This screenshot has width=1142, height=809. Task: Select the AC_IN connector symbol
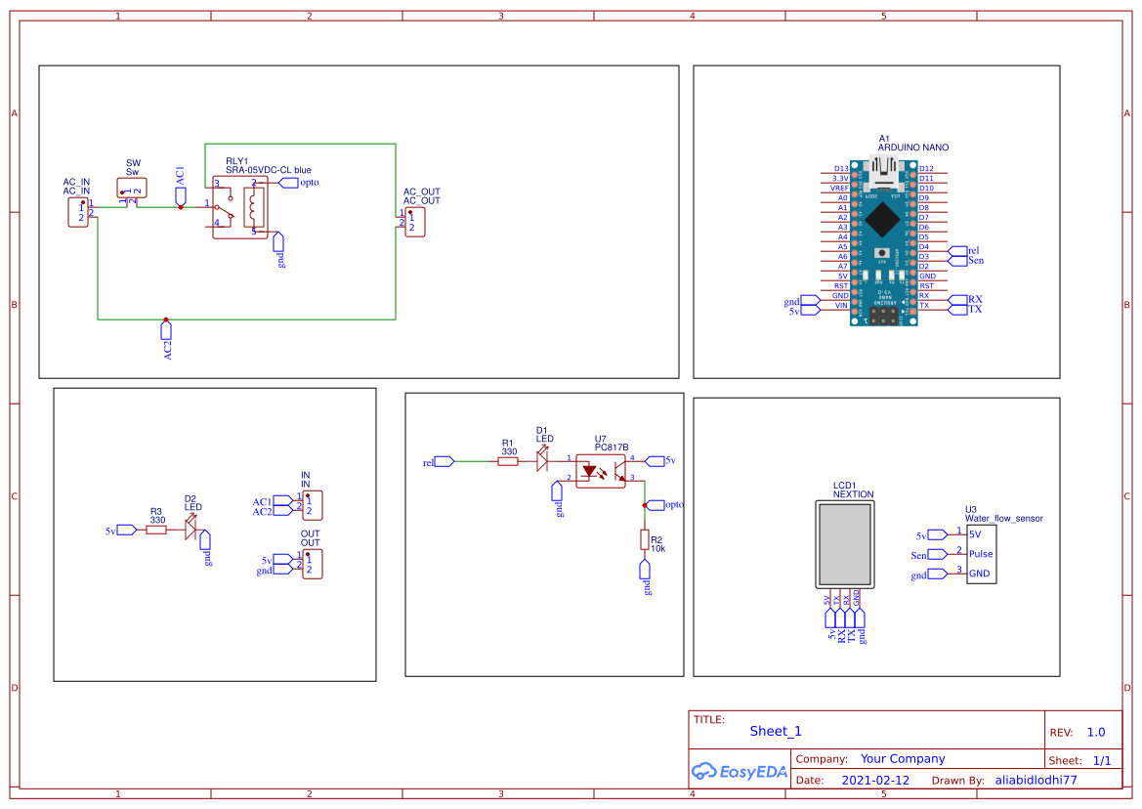(78, 212)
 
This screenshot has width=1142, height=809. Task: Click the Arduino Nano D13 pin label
(841, 169)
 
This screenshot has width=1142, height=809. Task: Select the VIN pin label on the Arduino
(841, 306)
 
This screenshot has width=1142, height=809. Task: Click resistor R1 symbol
(508, 462)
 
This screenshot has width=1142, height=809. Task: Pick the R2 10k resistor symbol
(645, 539)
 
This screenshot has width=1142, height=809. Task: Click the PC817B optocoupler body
(599, 470)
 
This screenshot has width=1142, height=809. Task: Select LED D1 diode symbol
(543, 461)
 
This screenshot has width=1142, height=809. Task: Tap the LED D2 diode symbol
(191, 531)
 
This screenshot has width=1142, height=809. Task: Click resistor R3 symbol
(156, 531)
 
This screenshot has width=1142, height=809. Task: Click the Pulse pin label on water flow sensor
(980, 554)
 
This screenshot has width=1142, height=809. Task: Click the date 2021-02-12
(874, 781)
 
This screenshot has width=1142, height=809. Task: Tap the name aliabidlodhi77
(1036, 781)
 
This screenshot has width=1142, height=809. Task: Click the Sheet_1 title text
(776, 731)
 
